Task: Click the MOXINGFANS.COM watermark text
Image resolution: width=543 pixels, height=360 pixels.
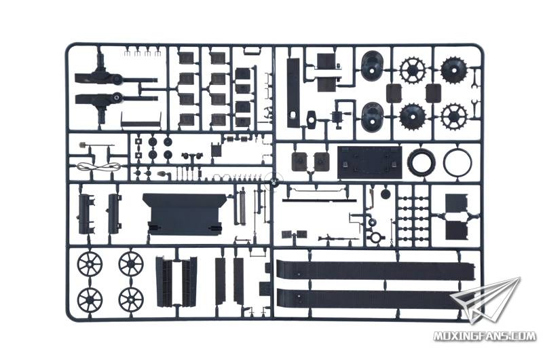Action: pyautogui.click(x=485, y=336)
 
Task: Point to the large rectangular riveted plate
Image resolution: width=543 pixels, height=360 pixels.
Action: pyautogui.click(x=370, y=163)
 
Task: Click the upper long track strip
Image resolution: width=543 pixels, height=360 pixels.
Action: pyautogui.click(x=376, y=270)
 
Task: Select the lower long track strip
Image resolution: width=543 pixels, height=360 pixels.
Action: pyautogui.click(x=371, y=299)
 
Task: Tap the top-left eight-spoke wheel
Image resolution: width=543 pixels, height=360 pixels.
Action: pyautogui.click(x=90, y=264)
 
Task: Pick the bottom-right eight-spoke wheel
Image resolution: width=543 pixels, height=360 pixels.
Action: pyautogui.click(x=131, y=299)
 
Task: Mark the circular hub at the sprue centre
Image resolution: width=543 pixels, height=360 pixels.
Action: pyautogui.click(x=274, y=181)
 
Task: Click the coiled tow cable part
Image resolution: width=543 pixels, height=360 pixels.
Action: pyautogui.click(x=99, y=167)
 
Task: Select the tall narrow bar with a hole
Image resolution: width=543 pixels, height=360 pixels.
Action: pyautogui.click(x=293, y=93)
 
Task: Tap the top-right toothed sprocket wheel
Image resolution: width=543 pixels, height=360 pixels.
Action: pyautogui.click(x=454, y=71)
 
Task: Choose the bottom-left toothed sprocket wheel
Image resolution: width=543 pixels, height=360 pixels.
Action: pyautogui.click(x=413, y=115)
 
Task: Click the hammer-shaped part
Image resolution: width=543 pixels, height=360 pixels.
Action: pyautogui.click(x=311, y=120)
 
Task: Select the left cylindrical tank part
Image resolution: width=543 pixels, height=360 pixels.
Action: pyautogui.click(x=86, y=213)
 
